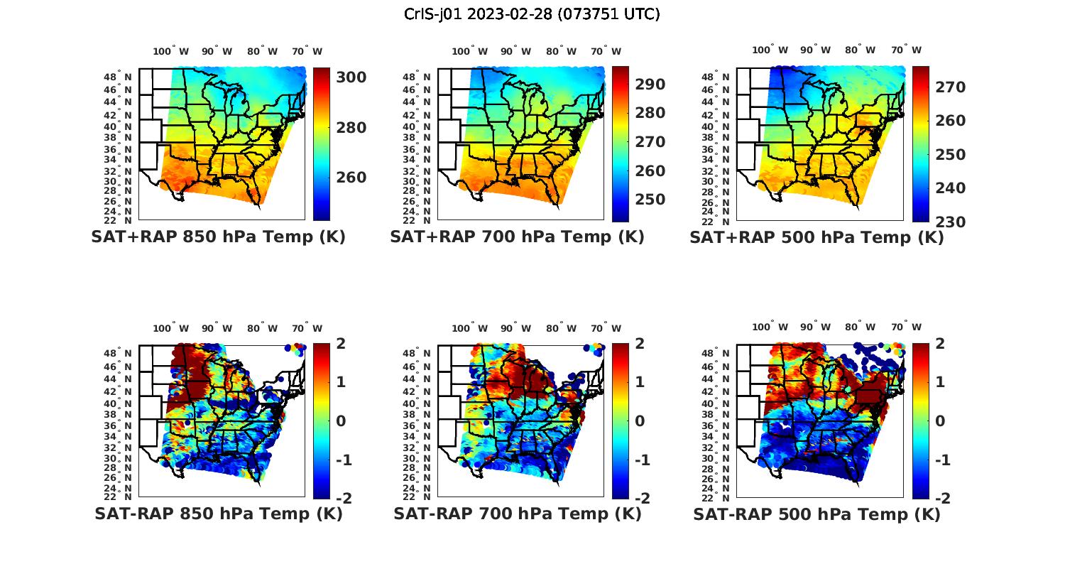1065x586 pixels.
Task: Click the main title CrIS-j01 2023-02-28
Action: click(x=532, y=14)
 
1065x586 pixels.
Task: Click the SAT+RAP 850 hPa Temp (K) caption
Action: click(x=218, y=237)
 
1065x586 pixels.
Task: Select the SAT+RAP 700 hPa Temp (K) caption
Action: click(x=517, y=237)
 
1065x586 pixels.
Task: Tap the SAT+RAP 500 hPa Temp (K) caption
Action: click(x=816, y=238)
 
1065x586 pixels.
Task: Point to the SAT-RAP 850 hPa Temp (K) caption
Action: click(x=218, y=514)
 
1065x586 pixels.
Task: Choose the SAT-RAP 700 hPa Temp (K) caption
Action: click(x=517, y=514)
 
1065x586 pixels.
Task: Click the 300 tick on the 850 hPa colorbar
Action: click(x=351, y=77)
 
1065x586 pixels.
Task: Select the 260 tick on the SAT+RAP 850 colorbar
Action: click(x=351, y=178)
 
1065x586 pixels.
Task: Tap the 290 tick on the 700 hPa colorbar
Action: click(x=650, y=85)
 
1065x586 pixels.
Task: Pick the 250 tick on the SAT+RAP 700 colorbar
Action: click(x=650, y=200)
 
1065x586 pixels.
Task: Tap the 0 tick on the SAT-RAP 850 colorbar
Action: click(x=341, y=421)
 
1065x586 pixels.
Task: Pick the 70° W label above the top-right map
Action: click(x=906, y=50)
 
